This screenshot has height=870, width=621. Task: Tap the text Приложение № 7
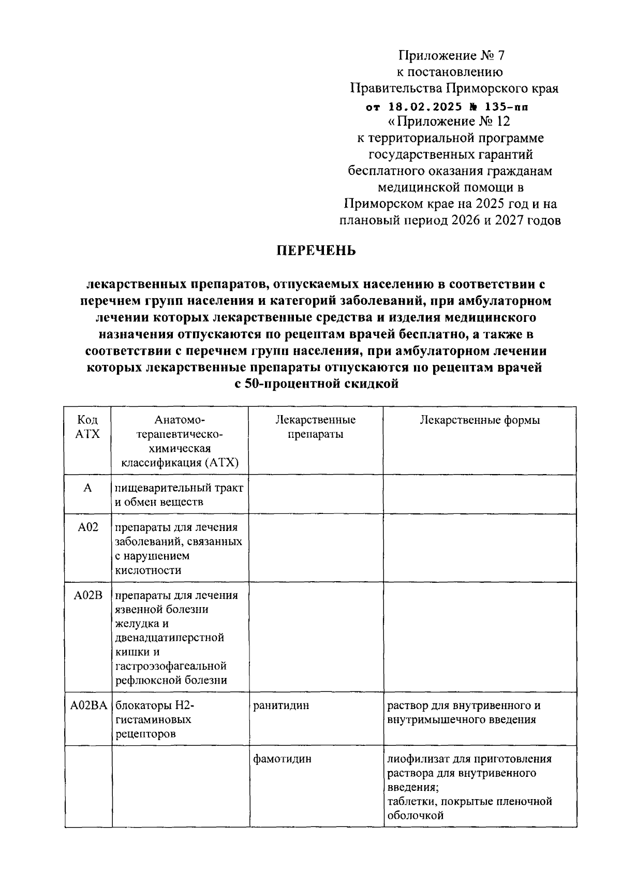(450, 55)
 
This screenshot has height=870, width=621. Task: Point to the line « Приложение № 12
(449, 122)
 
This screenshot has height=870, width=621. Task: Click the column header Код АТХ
(87, 427)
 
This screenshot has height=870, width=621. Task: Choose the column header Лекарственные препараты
(315, 427)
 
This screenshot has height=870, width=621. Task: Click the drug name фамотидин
(283, 759)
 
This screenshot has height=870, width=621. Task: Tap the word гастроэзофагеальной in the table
(171, 666)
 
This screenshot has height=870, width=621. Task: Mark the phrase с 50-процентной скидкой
(316, 385)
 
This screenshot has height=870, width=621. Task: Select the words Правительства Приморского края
(454, 88)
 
